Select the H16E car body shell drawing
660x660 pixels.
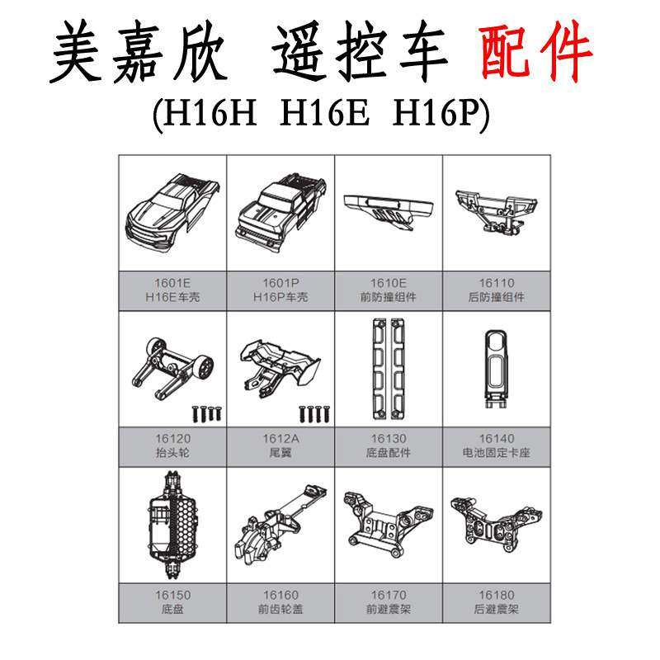[172, 211]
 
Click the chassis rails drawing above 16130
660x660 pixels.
[389, 367]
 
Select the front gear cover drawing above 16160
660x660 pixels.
[280, 525]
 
